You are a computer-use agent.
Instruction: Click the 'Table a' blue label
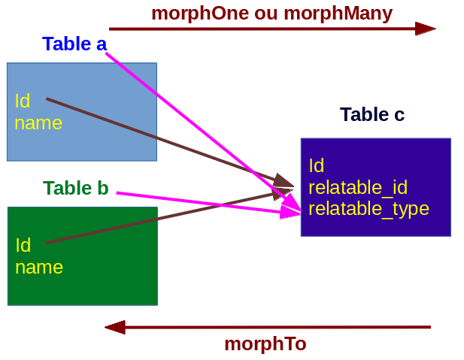click(x=74, y=44)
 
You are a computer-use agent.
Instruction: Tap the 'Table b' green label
click(x=76, y=189)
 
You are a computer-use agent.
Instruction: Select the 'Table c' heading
click(x=372, y=115)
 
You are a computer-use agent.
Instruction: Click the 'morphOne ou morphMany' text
click(x=271, y=14)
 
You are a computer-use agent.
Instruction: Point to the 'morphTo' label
click(x=265, y=344)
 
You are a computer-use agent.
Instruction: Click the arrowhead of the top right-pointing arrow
click(x=426, y=29)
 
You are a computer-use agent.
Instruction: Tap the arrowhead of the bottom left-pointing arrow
click(x=115, y=327)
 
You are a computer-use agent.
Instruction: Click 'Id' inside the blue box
click(x=22, y=101)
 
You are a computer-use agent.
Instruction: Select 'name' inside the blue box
click(x=38, y=123)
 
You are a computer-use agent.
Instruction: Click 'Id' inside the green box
click(x=23, y=245)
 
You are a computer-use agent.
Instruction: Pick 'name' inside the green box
click(x=39, y=268)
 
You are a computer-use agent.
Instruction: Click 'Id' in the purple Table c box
click(x=316, y=166)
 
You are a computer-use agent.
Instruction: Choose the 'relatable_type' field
click(x=368, y=209)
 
